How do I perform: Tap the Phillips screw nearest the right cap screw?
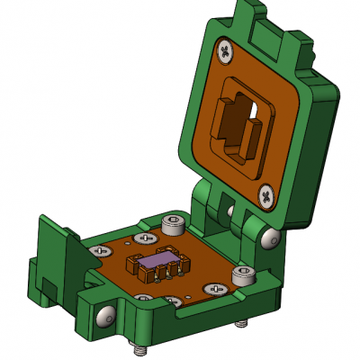click(x=217, y=289)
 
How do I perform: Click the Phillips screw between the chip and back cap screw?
click(x=143, y=238)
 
